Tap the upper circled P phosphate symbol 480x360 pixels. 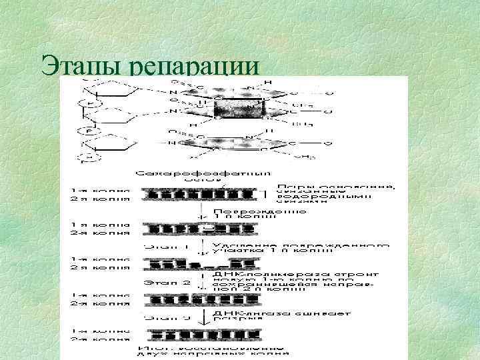87,105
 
